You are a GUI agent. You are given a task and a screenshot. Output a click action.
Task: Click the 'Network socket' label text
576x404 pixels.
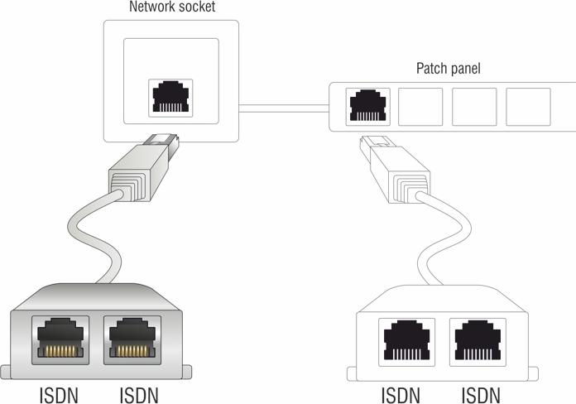[171, 7]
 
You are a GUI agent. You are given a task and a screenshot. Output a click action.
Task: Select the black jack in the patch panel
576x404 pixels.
[367, 107]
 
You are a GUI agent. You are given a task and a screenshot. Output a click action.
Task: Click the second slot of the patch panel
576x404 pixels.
[421, 107]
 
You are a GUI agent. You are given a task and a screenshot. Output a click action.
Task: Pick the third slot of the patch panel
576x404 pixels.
[474, 107]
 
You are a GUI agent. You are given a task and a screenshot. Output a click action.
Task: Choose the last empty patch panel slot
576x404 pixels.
[528, 107]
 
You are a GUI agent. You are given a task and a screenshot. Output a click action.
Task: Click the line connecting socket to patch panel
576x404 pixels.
[283, 107]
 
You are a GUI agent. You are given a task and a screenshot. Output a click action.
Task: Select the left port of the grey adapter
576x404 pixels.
[58, 339]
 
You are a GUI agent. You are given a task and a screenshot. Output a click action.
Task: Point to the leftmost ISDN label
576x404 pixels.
[59, 393]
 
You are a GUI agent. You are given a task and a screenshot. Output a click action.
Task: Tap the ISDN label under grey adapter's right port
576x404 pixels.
[138, 393]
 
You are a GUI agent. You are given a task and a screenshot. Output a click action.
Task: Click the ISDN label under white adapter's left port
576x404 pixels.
[401, 393]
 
